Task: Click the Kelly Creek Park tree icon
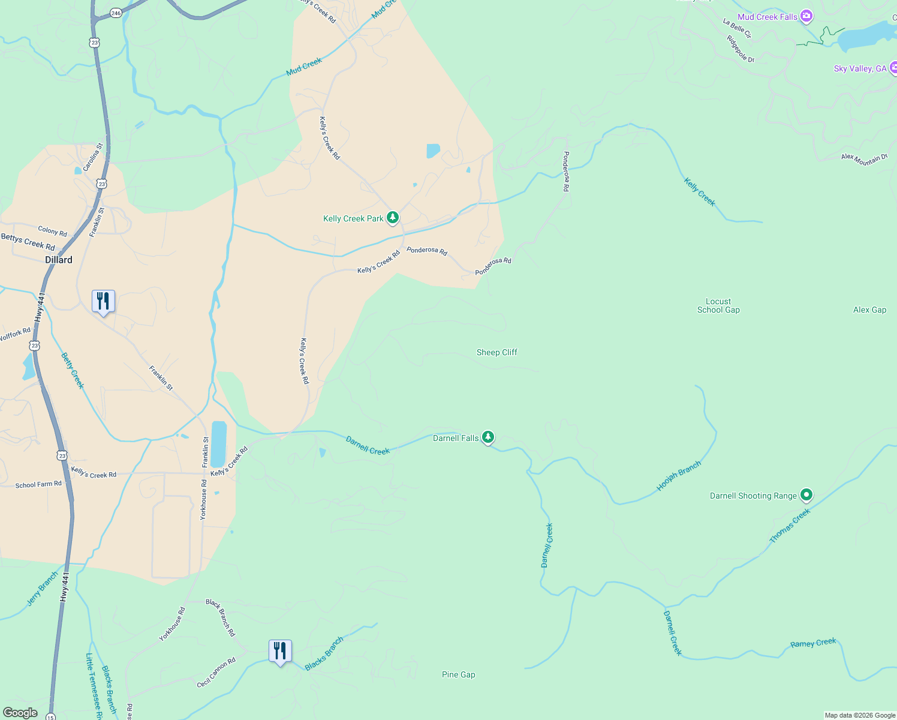[393, 217]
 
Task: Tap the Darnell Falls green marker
[489, 437]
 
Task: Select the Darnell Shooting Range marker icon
[806, 495]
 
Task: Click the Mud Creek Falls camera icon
[806, 16]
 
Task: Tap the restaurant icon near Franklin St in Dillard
[103, 301]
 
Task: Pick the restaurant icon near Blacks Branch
[280, 650]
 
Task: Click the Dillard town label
[59, 260]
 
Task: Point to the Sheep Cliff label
[496, 352]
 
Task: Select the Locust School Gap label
[718, 305]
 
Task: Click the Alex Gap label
[869, 310]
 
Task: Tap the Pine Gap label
[458, 674]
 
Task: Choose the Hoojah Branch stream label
[679, 476]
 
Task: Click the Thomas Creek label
[790, 526]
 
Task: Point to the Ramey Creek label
[813, 643]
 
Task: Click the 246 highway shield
[116, 13]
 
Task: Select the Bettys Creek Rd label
[28, 242]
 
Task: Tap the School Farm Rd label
[38, 484]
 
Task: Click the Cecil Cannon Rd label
[216, 673]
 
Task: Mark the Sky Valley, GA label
[860, 68]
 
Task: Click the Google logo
[20, 712]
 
